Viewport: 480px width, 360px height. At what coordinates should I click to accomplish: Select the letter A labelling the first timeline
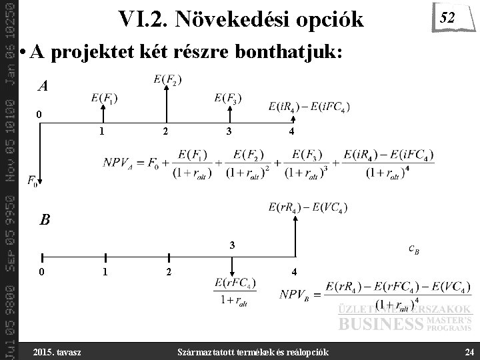tap(43, 86)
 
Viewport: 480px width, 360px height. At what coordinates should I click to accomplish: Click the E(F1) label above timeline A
tap(105, 99)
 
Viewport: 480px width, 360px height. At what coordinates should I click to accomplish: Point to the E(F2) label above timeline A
tap(167, 79)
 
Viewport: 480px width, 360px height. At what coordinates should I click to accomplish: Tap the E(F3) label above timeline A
tap(228, 99)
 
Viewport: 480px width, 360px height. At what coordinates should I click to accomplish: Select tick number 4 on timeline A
tap(291, 131)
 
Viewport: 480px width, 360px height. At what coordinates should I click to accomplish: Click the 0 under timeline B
tap(41, 272)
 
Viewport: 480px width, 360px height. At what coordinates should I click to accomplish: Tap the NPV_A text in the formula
tap(121, 162)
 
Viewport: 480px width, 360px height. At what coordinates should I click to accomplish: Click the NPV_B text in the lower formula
tap(299, 294)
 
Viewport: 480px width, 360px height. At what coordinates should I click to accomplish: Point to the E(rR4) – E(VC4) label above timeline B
tap(307, 207)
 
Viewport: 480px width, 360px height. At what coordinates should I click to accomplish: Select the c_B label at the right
tap(414, 249)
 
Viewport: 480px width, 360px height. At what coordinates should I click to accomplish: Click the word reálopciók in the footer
tap(310, 351)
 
